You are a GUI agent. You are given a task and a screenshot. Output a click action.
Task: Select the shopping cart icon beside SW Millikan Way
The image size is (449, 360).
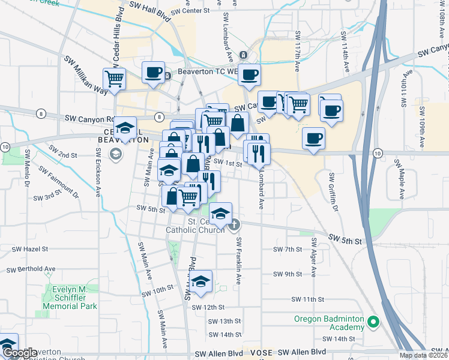114,77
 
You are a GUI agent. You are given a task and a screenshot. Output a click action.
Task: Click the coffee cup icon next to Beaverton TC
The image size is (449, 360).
153,73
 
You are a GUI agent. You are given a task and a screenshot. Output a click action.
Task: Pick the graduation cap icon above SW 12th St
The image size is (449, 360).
202,281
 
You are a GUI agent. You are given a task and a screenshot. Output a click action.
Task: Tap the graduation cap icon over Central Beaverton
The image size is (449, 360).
125,128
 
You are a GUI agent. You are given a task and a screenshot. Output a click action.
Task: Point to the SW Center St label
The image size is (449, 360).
190,11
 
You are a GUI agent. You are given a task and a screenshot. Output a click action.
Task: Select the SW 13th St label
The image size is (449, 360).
226,321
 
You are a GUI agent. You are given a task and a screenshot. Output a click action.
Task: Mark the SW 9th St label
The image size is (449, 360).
288,274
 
